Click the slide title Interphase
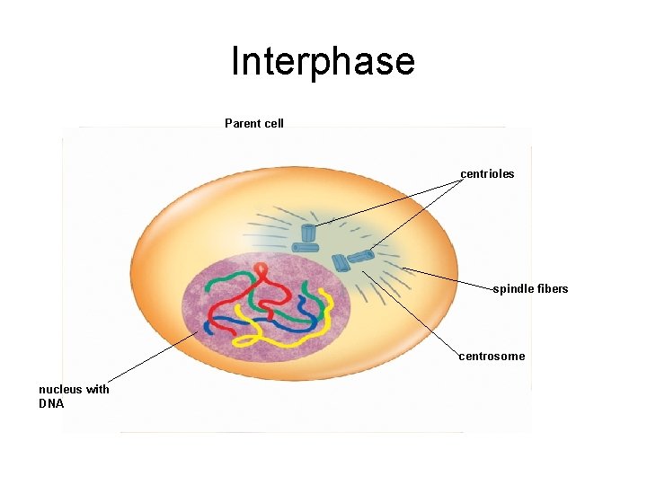(x=323, y=62)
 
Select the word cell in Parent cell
(x=273, y=123)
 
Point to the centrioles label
(x=487, y=173)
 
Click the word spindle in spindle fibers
(x=512, y=288)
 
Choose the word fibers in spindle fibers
(x=553, y=288)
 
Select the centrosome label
(x=492, y=357)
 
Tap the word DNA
(x=51, y=403)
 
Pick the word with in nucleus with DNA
(x=98, y=389)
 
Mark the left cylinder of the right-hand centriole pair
(x=340, y=263)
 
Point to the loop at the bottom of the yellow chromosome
(x=244, y=340)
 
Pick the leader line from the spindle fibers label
(x=449, y=278)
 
